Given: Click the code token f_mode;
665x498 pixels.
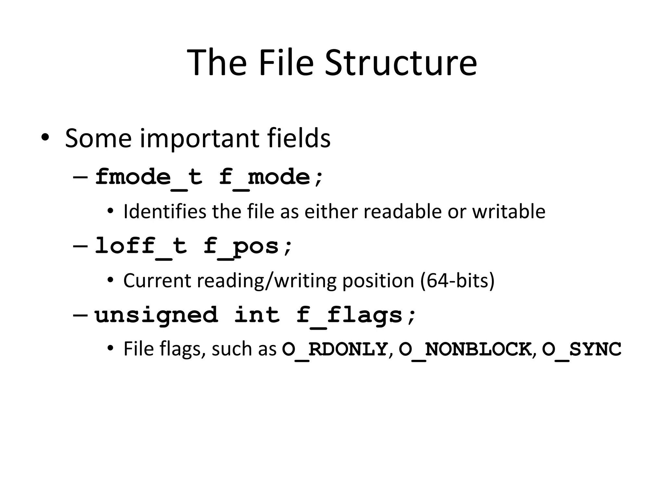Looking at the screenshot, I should tap(271, 178).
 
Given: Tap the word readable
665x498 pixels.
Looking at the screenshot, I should tap(402, 211).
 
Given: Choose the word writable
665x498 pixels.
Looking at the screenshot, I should tap(508, 211).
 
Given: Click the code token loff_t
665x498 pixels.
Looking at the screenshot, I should tap(141, 246).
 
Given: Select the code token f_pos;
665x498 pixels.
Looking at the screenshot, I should tap(248, 246).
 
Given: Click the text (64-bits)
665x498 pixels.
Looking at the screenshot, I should tap(457, 280).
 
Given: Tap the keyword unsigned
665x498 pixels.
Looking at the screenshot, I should tap(156, 315).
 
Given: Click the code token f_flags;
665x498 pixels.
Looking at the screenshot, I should tap(356, 315).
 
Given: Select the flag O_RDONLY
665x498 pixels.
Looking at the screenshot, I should tap(335, 350).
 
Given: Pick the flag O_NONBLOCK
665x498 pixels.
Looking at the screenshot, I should tap(465, 350).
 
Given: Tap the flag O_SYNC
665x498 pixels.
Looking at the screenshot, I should tap(582, 350).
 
